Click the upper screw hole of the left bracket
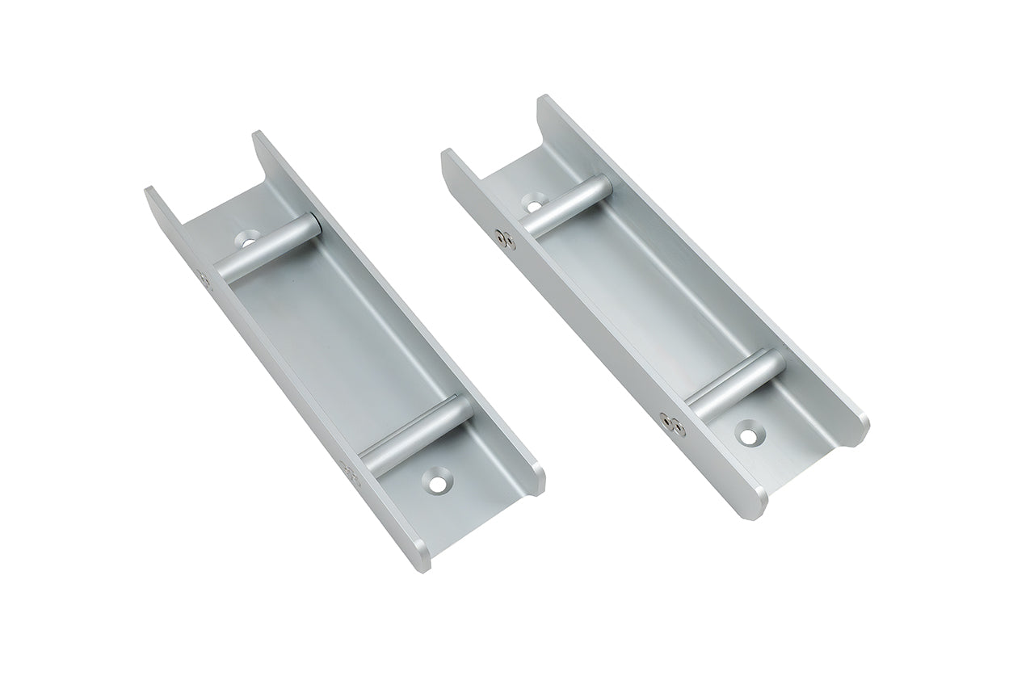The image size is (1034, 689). (x=250, y=240)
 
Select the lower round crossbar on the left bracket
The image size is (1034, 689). (x=417, y=433)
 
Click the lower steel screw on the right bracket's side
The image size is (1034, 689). (x=667, y=420)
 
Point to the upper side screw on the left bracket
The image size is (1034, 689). (x=202, y=276)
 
